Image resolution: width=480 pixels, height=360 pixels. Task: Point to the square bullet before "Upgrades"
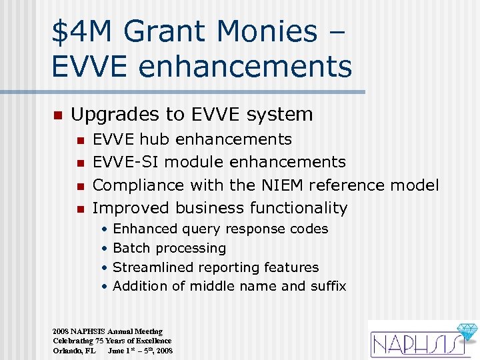[x=57, y=115]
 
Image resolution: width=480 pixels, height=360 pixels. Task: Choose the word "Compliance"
[x=138, y=185]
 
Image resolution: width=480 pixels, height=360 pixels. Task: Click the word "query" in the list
[x=200, y=229]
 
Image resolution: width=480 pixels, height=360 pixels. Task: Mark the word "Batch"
[x=132, y=248]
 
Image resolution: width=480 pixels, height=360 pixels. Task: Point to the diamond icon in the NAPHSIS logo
[x=464, y=333]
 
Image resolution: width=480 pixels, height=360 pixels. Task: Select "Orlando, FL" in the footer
[x=74, y=351]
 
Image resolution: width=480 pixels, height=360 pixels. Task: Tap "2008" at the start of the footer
[x=60, y=331]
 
